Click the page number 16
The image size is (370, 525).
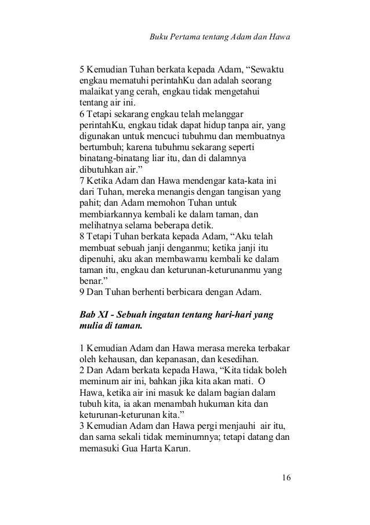tap(285, 478)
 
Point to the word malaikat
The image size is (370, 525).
tap(95, 92)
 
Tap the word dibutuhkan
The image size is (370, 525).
tap(99, 170)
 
